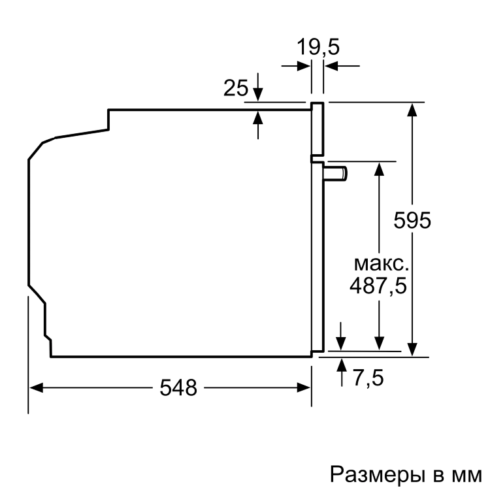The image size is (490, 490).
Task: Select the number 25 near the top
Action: click(x=235, y=88)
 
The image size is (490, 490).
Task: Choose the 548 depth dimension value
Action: click(x=178, y=387)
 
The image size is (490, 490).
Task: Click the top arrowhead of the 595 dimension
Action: click(x=412, y=108)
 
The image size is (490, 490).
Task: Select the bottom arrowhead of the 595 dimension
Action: click(x=412, y=351)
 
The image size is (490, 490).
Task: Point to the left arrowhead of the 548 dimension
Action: click(x=36, y=387)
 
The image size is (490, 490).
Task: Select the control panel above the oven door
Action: click(x=317, y=131)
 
